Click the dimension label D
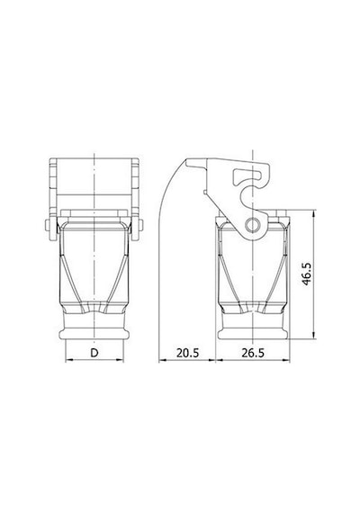[x=94, y=353]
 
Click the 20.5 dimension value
[x=187, y=353]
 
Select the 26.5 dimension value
[x=253, y=353]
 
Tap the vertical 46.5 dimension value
[x=307, y=274]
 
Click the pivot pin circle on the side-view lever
[x=253, y=225]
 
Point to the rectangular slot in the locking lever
[x=248, y=176]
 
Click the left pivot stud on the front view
[x=48, y=225]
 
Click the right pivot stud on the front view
[x=140, y=225]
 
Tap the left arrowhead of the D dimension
[x=68, y=361]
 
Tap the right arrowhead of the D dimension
[x=120, y=361]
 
